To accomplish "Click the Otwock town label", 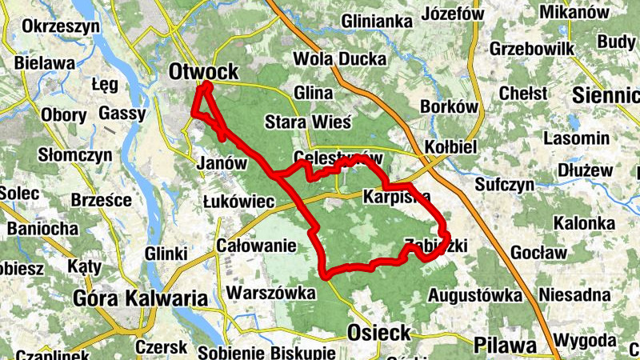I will [x=203, y=72].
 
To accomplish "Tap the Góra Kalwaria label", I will [x=139, y=299].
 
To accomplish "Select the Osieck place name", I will [x=379, y=332].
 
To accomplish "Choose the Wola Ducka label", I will [x=339, y=58].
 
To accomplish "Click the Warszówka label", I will [x=271, y=293].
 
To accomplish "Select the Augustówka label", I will [x=475, y=296].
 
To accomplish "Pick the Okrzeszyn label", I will [x=61, y=26].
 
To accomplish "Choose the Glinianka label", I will [x=376, y=21].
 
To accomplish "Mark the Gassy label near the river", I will [x=122, y=114].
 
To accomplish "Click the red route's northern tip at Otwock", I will [x=207, y=85].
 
